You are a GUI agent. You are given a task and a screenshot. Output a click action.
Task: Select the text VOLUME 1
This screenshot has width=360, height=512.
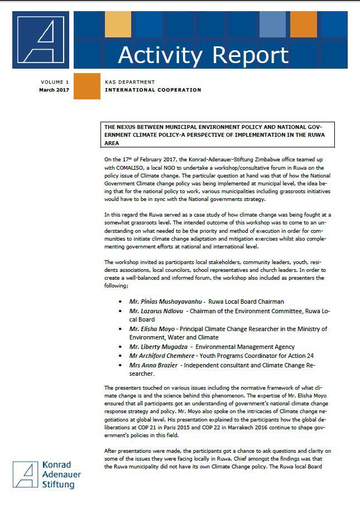point(55,82)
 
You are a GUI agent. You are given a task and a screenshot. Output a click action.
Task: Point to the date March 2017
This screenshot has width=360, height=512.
point(54,90)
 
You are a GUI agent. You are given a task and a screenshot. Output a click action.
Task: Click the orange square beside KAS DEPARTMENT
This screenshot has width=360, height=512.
point(87,86)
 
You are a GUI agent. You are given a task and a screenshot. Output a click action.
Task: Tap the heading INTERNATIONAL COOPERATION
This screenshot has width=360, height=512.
point(153,90)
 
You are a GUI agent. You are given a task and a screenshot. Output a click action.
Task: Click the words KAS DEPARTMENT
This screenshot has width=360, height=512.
point(130,82)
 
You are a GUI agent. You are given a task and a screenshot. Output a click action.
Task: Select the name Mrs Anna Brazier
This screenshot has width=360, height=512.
point(154,365)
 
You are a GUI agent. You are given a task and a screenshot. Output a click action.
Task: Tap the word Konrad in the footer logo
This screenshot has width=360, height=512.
point(56,465)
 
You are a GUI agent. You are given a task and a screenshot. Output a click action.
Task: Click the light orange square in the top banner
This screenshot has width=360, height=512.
point(118,24)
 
